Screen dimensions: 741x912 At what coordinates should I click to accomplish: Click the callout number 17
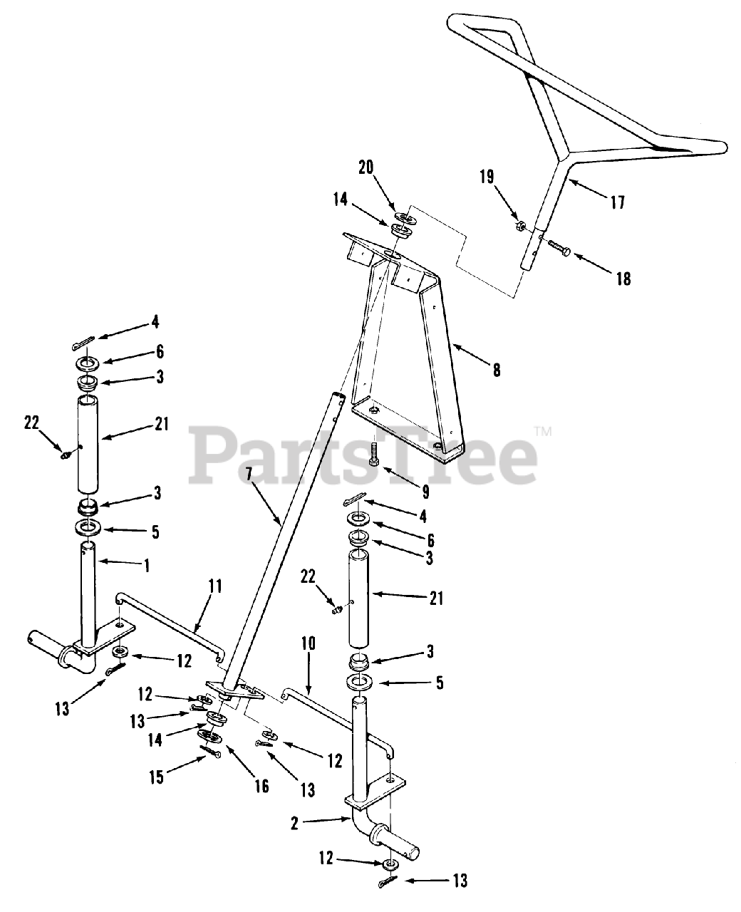tap(618, 203)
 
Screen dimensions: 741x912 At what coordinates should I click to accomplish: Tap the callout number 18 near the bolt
tap(623, 278)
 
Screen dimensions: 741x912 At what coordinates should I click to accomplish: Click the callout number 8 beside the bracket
tap(496, 370)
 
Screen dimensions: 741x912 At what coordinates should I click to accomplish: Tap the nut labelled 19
tap(519, 227)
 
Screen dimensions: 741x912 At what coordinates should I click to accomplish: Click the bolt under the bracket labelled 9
tap(373, 453)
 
